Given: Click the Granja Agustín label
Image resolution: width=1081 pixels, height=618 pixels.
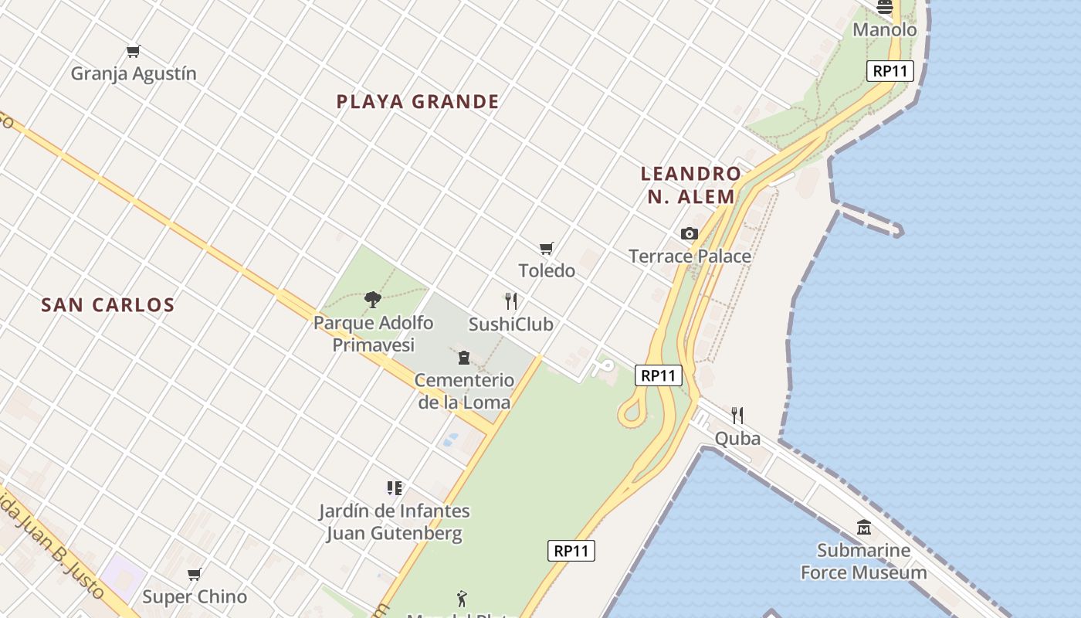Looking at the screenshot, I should click(134, 73).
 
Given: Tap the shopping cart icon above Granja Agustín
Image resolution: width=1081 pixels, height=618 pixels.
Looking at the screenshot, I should click(134, 52).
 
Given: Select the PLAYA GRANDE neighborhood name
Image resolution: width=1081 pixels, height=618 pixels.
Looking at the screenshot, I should click(418, 101).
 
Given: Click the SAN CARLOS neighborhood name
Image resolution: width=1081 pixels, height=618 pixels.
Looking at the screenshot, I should click(108, 304).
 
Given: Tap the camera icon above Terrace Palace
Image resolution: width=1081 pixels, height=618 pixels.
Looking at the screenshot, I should click(690, 233).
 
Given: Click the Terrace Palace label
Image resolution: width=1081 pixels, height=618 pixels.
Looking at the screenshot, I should click(690, 256).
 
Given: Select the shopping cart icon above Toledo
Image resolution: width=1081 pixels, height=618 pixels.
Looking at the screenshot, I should click(547, 248).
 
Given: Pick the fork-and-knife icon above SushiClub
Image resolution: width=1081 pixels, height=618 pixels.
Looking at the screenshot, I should click(510, 301).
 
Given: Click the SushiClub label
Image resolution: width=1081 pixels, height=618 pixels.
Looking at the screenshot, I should click(510, 324).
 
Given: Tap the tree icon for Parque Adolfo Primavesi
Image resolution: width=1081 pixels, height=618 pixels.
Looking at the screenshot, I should click(373, 299).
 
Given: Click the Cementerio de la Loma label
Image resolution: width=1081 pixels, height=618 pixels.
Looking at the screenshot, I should click(464, 391).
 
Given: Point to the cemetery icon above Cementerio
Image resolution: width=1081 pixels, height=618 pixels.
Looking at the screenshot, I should click(464, 357).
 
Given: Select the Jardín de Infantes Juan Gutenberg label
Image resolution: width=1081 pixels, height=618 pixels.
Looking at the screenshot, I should click(395, 522).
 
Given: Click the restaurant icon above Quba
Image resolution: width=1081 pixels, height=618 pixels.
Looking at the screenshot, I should click(737, 416).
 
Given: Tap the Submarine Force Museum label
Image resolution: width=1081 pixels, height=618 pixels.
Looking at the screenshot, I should click(863, 562).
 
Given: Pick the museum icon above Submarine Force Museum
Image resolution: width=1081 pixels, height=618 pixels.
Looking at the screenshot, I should click(864, 528).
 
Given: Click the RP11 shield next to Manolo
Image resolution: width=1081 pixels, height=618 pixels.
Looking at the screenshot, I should click(890, 71).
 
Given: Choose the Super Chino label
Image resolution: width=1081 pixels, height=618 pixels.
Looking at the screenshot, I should click(195, 596).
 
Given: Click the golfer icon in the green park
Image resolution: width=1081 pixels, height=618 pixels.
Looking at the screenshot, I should click(462, 598).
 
